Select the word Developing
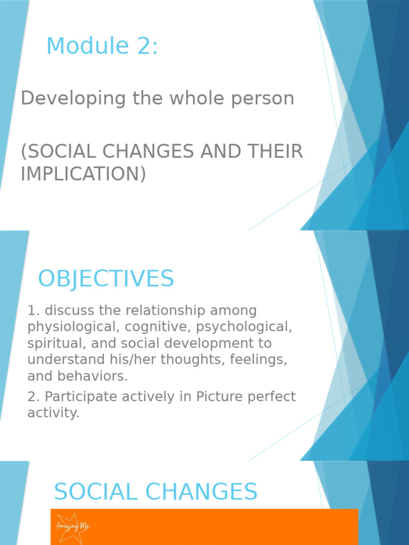(66, 98)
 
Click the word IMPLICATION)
(83, 174)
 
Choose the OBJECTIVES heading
(106, 279)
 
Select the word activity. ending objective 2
(53, 413)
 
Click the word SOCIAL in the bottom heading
(96, 492)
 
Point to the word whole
(192, 98)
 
